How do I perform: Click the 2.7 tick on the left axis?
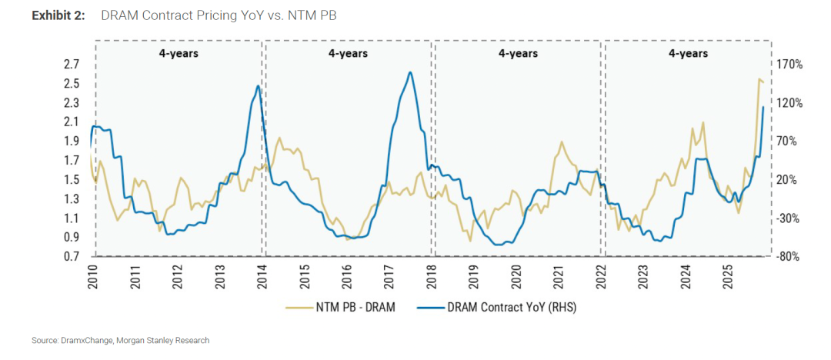pyautogui.click(x=71, y=65)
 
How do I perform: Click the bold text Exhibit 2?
pyautogui.click(x=58, y=16)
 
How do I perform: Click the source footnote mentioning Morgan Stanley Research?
pyautogui.click(x=120, y=340)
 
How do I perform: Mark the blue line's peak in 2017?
pyautogui.click(x=410, y=72)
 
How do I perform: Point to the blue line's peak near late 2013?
pyautogui.click(x=258, y=86)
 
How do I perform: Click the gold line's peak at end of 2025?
pyautogui.click(x=759, y=79)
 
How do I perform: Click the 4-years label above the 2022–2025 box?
pyautogui.click(x=688, y=54)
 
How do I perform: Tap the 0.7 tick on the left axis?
pyautogui.click(x=71, y=257)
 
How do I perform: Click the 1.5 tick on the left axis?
pyautogui.click(x=71, y=180)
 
